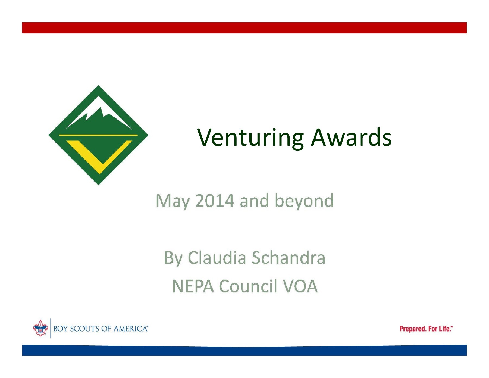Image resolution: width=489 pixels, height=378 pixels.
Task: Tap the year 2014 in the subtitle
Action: pos(214,201)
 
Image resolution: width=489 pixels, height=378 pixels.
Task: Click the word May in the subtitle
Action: pos(173,201)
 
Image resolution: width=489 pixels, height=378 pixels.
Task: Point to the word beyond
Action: pos(304,201)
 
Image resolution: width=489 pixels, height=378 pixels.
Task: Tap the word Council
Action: pos(248,286)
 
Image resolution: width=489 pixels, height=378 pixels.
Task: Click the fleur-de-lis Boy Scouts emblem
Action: pos(40,328)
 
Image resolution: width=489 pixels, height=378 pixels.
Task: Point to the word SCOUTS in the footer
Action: pos(84,329)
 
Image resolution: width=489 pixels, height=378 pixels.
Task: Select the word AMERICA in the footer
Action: pos(130,329)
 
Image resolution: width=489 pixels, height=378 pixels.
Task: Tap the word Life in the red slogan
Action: pos(445,329)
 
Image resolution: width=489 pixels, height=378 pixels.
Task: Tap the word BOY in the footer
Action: pos(60,329)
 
